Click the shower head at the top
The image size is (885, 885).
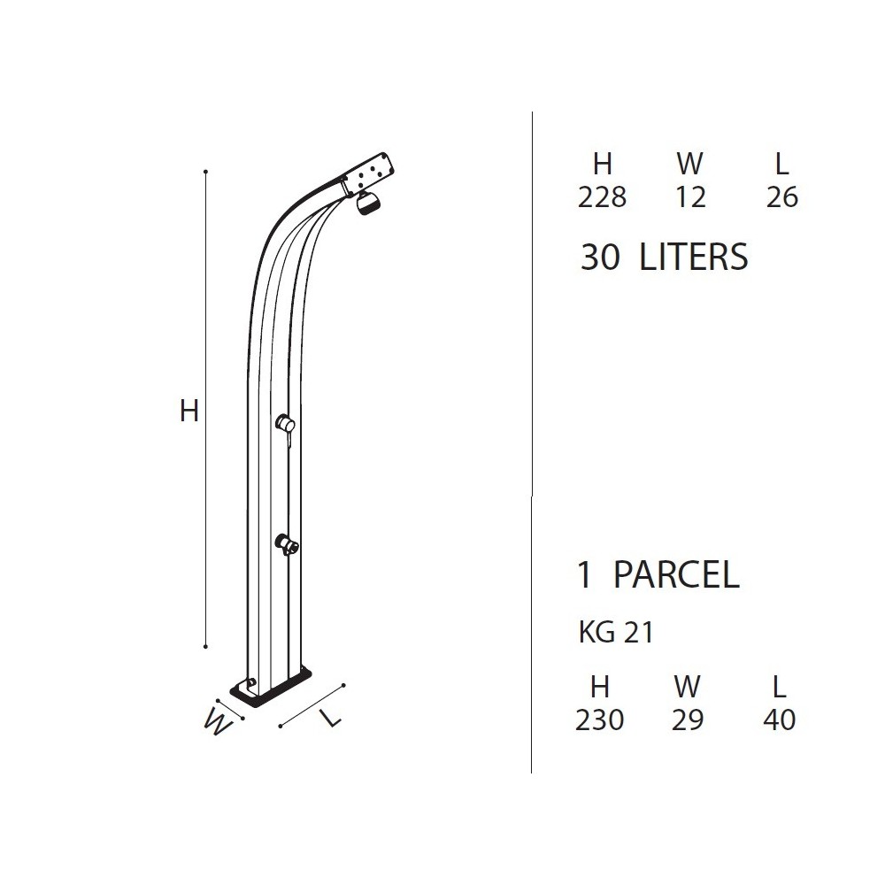click(367, 204)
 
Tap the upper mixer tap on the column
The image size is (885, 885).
click(286, 425)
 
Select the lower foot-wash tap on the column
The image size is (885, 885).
click(287, 544)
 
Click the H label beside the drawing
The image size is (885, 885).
click(189, 411)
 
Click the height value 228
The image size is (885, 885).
click(602, 197)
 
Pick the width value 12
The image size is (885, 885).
click(690, 197)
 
